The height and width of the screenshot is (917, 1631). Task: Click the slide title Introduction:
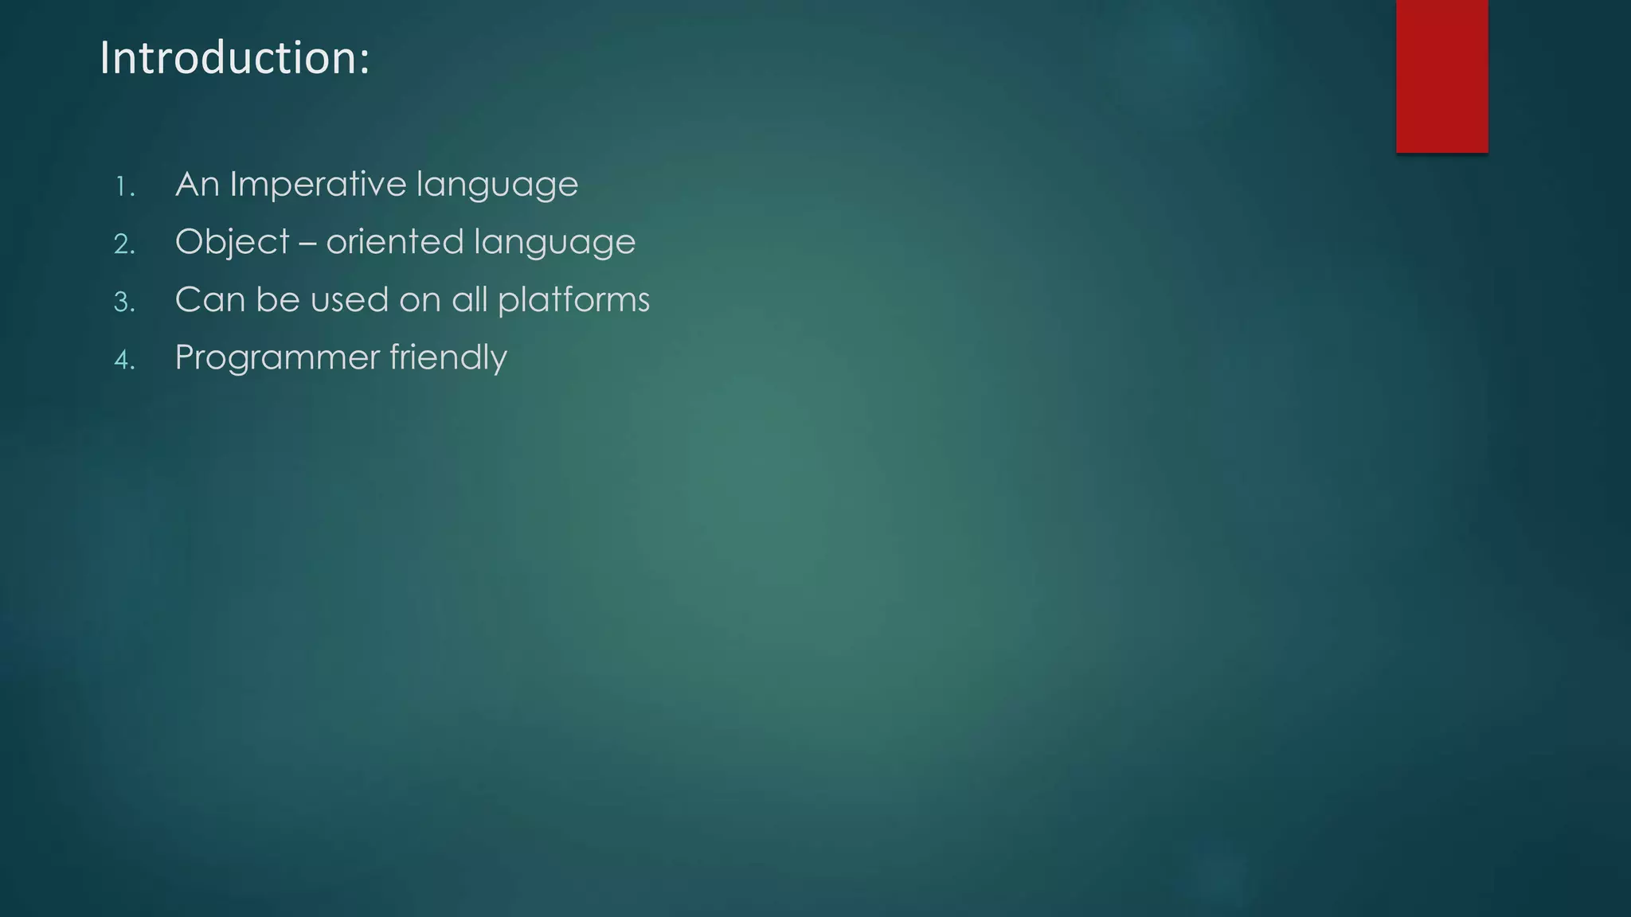click(234, 59)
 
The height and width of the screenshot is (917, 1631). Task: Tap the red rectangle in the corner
click(1441, 76)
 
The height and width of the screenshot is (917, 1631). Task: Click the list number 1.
click(124, 188)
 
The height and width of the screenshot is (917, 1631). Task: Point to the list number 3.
click(124, 302)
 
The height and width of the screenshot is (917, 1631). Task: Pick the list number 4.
click(124, 361)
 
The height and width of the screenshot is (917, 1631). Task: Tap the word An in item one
click(197, 185)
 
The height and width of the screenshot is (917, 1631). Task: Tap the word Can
click(209, 300)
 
